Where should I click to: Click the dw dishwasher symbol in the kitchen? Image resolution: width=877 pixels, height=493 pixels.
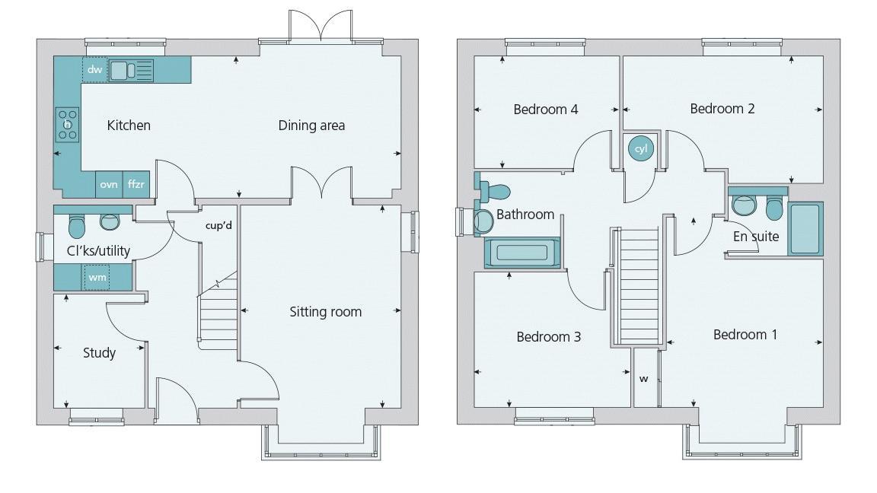[x=94, y=70]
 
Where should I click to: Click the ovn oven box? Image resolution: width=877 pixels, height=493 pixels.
[x=109, y=184]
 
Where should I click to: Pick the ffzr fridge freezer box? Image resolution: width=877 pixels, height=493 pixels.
[x=136, y=184]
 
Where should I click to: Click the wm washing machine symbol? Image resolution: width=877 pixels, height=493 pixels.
[x=97, y=277]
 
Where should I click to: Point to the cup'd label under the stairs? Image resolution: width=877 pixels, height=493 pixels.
[x=218, y=226]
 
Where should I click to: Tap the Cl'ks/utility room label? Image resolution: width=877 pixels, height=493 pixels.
[x=98, y=251]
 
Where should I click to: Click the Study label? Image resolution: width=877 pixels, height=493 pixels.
[x=99, y=353]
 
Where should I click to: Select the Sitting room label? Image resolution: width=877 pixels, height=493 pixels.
[x=326, y=312]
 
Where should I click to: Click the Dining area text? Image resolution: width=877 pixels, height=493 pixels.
[x=311, y=126]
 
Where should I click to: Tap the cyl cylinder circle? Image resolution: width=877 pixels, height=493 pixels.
[x=640, y=148]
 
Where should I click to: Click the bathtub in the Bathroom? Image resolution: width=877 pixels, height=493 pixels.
[x=522, y=253]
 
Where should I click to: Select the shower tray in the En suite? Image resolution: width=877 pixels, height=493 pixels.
[x=805, y=228]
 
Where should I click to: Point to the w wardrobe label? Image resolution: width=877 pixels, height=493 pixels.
[x=644, y=379]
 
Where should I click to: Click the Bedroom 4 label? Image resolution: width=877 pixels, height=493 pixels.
[x=546, y=110]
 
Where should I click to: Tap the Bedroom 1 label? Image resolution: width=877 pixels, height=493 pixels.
[x=745, y=335]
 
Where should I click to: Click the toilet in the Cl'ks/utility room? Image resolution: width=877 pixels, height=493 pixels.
[x=76, y=224]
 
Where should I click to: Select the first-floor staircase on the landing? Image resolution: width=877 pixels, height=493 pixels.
[x=639, y=285]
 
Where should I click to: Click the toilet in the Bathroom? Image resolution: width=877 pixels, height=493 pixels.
[x=495, y=192]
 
